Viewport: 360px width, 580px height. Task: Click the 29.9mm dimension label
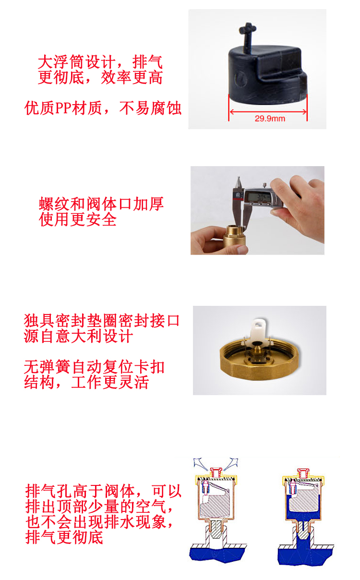point(270,119)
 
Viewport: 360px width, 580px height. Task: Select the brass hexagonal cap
point(259,360)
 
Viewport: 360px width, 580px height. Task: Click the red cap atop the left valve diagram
point(216,472)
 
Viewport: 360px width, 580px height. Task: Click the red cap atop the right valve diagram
point(303,473)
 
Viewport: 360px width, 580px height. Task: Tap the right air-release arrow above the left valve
point(231,464)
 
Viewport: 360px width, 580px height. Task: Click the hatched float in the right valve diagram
point(303,500)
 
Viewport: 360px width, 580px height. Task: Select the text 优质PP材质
point(63,108)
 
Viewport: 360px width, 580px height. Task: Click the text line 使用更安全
point(78,219)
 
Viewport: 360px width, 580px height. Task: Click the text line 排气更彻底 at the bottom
point(64,537)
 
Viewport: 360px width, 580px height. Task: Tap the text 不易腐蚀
point(150,108)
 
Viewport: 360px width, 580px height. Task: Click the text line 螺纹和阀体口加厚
point(101,204)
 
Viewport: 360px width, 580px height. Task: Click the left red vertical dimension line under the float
point(229,108)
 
